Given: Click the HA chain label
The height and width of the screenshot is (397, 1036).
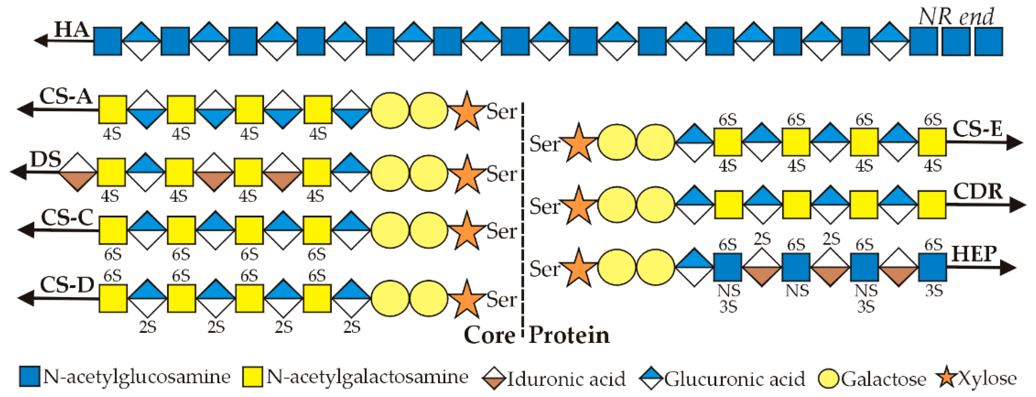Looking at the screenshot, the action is coord(72,30).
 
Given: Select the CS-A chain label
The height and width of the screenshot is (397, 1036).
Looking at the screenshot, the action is coord(66,96).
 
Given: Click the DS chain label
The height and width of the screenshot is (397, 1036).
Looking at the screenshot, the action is coord(46,160).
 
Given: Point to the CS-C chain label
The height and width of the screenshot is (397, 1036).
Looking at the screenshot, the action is coord(67,217).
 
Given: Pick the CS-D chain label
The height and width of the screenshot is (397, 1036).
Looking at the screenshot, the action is coord(67,285).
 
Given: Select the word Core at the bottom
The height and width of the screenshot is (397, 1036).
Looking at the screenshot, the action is coord(489,335).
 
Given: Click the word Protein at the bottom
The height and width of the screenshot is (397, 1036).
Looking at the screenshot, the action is coord(569,335).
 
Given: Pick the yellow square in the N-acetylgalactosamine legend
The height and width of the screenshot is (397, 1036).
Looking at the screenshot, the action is coord(252,377).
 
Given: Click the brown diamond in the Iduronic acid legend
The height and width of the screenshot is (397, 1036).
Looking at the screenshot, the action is coord(494,379).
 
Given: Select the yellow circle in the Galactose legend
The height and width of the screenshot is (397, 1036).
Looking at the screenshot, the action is coord(829,379).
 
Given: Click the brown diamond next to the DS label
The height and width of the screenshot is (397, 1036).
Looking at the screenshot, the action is coord(78,172).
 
